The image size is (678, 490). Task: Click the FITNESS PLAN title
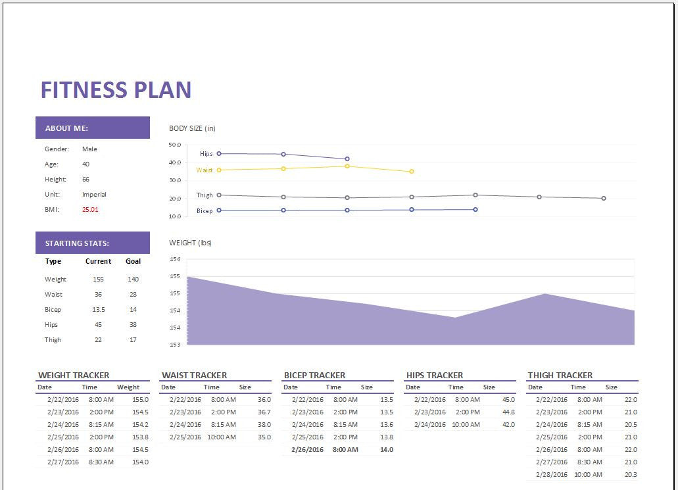pos(116,90)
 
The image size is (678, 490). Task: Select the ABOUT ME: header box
pos(93,128)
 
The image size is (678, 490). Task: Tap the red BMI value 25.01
pos(90,210)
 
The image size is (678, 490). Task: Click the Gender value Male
pos(89,149)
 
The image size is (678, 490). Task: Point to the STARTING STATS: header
pos(93,243)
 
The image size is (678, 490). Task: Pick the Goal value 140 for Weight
pos(133,280)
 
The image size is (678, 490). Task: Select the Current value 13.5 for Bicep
pos(98,310)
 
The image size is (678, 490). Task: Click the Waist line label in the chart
pos(205,170)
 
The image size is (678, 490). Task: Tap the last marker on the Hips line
pos(347,159)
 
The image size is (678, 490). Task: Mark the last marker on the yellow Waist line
pos(412,172)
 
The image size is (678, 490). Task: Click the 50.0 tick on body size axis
pos(175,145)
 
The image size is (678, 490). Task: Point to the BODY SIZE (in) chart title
pos(192,128)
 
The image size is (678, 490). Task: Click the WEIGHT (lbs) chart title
pos(190,243)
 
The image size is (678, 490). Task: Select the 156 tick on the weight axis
pos(175,259)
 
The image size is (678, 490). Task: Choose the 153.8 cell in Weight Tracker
pos(140,437)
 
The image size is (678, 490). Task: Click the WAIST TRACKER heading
pos(194,376)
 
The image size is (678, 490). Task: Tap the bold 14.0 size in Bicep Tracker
pos(386,450)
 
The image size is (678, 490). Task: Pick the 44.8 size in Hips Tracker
pos(508,412)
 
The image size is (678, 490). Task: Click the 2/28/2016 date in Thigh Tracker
pos(551,475)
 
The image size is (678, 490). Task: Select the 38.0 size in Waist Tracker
pos(264,425)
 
